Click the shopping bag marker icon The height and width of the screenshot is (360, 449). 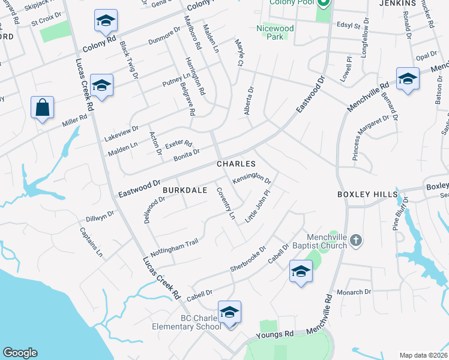coord(42,108)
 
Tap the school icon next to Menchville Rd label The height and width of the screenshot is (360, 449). coord(408,79)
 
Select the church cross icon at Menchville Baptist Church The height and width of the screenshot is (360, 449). coord(356,241)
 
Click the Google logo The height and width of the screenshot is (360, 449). coord(20,353)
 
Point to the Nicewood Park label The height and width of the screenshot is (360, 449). coord(275,32)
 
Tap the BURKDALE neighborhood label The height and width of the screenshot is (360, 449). coord(184,190)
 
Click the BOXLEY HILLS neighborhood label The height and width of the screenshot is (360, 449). coord(367,194)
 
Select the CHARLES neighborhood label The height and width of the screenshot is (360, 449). coord(236,164)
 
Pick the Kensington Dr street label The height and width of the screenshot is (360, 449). coord(252,178)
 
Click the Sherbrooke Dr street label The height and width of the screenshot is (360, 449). coord(247,258)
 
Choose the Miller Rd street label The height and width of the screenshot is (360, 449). coord(74,120)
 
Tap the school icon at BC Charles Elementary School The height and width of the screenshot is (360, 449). coord(229,313)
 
